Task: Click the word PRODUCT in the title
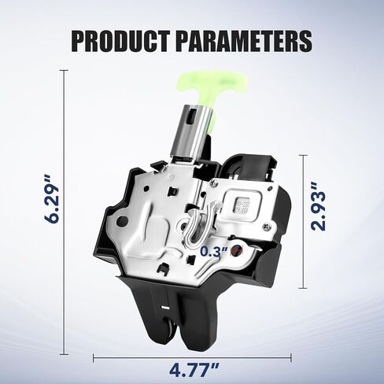click(x=120, y=41)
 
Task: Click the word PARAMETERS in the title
click(x=244, y=41)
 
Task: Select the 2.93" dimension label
click(x=318, y=207)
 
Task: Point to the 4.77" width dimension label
click(x=194, y=369)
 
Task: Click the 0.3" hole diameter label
click(x=214, y=252)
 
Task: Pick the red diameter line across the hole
click(x=237, y=250)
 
